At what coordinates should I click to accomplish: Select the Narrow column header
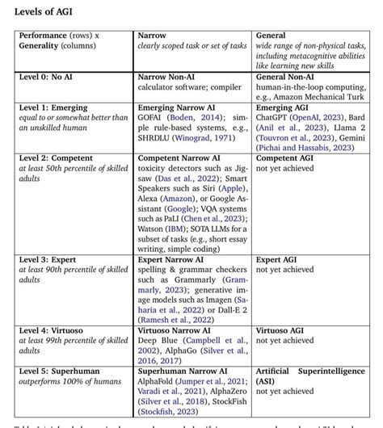click(x=152, y=36)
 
